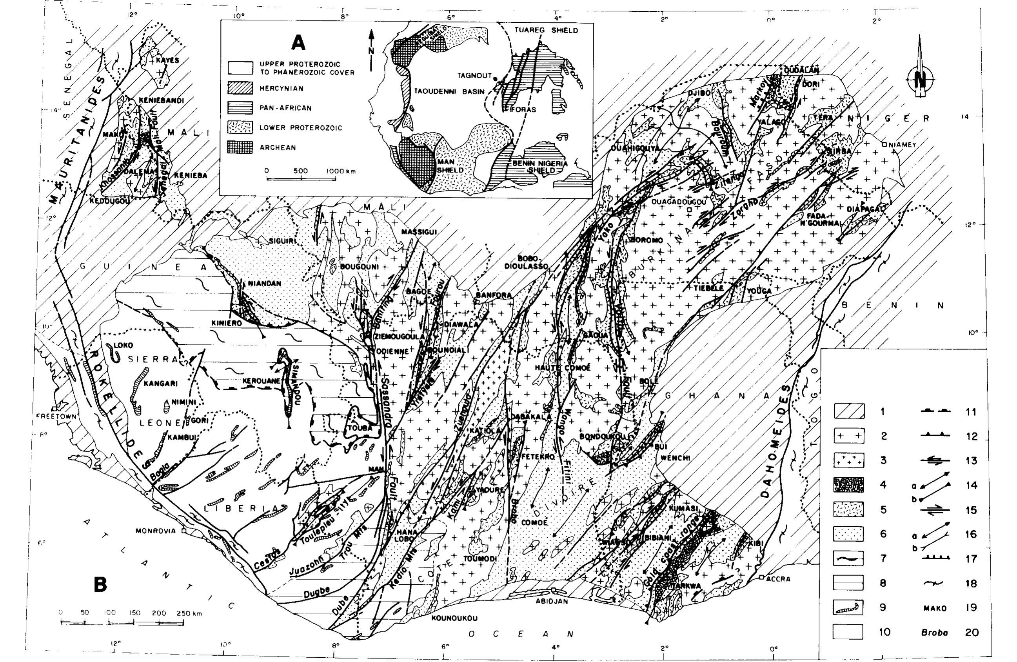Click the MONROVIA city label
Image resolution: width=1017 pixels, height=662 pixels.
pyautogui.click(x=156, y=531)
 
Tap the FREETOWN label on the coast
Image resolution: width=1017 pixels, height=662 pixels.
pyautogui.click(x=56, y=416)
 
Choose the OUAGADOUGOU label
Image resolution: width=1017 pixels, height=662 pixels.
pyautogui.click(x=679, y=202)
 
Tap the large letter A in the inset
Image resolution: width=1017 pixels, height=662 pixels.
pyautogui.click(x=298, y=43)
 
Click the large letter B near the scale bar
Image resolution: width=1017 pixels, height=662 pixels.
pyautogui.click(x=100, y=585)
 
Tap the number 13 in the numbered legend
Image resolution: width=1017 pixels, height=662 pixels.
pyautogui.click(x=971, y=461)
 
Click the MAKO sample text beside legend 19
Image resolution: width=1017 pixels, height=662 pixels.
pyautogui.click(x=935, y=608)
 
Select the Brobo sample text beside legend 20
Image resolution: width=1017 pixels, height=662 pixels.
pyautogui.click(x=934, y=633)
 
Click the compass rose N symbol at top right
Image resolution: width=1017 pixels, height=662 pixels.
pyautogui.click(x=920, y=79)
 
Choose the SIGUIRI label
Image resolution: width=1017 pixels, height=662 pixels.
pyautogui.click(x=282, y=241)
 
